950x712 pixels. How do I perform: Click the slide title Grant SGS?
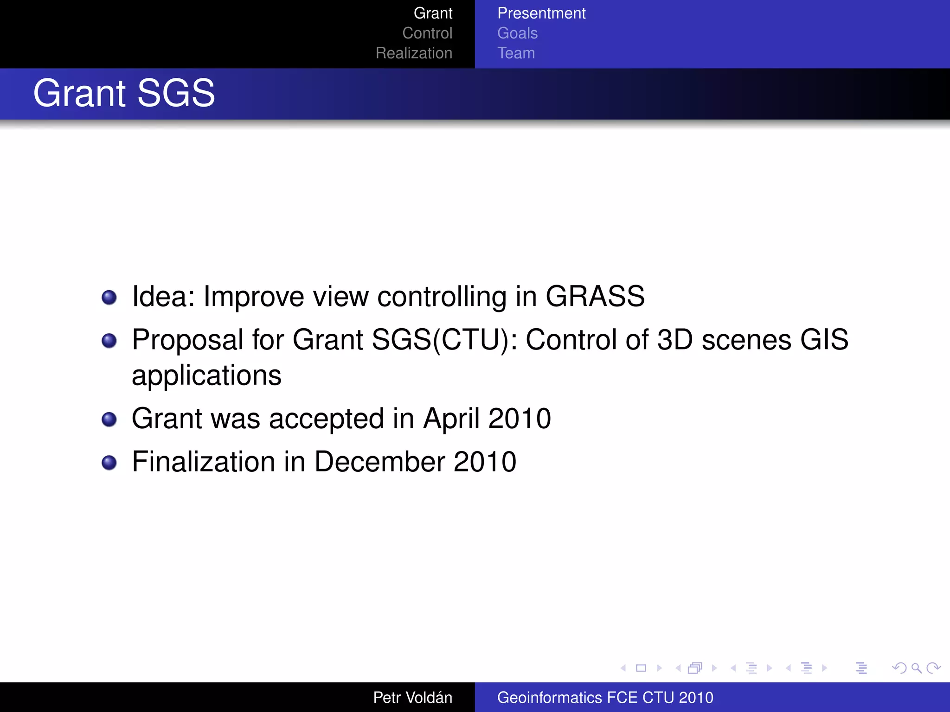[x=124, y=93]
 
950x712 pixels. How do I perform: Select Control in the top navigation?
[x=427, y=33]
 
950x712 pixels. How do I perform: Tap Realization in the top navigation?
[x=414, y=53]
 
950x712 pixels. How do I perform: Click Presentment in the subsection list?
[x=541, y=13]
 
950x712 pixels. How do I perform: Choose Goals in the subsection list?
[x=517, y=33]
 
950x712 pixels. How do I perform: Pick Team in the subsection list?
[x=516, y=53]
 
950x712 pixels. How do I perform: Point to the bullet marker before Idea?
[x=109, y=297]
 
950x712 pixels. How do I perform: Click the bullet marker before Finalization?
[x=109, y=462]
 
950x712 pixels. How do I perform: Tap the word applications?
[x=206, y=375]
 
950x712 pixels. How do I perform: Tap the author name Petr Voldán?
[x=412, y=697]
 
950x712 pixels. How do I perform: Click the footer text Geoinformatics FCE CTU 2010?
[x=605, y=697]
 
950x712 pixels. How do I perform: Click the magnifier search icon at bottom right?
[x=916, y=668]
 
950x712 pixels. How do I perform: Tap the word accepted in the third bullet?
[x=326, y=419]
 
